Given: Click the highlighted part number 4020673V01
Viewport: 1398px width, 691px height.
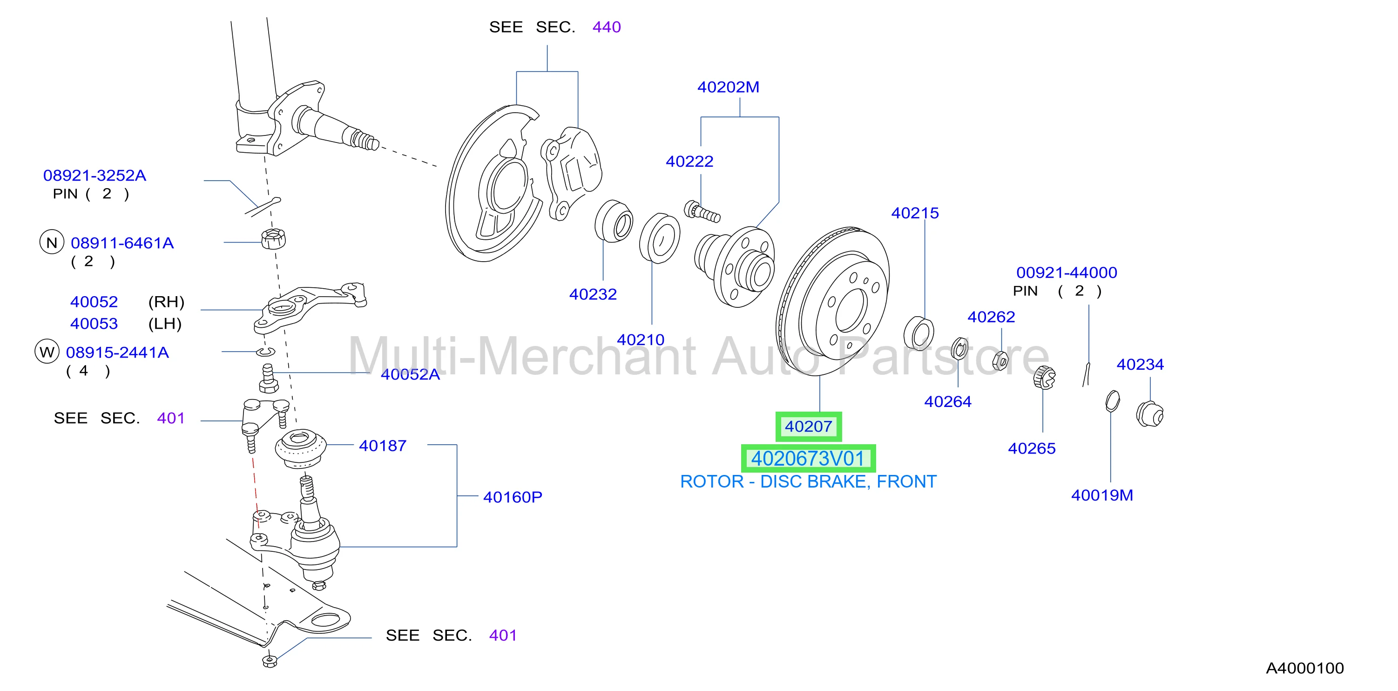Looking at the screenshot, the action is [x=808, y=459].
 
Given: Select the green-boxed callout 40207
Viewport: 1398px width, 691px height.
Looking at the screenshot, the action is [x=808, y=426].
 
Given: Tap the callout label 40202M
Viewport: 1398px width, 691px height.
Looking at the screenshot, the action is [x=728, y=87].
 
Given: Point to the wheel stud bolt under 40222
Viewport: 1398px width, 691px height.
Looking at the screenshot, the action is [x=702, y=212].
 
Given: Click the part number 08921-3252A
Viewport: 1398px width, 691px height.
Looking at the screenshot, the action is [x=95, y=176].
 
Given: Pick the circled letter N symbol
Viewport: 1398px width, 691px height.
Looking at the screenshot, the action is [x=52, y=243].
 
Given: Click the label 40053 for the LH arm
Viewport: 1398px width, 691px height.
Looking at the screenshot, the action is [x=94, y=324].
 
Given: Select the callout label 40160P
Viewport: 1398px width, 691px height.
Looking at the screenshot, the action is [x=512, y=497].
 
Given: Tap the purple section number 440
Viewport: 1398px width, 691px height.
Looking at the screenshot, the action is [x=606, y=27].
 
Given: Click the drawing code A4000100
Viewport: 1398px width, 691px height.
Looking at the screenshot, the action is [x=1304, y=668].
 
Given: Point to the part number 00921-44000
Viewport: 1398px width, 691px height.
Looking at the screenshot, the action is [x=1067, y=272].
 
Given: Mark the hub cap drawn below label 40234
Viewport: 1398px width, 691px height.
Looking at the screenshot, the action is [x=1149, y=414].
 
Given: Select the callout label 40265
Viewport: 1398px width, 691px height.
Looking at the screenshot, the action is [x=1032, y=448].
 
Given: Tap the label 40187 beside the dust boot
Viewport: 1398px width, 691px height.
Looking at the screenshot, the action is [x=383, y=446].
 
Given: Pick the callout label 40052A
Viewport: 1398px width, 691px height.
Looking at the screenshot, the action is [x=410, y=374].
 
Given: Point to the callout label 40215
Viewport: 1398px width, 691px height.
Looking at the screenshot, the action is [x=915, y=213].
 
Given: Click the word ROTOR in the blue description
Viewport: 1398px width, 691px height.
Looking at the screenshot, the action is [x=712, y=481].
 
